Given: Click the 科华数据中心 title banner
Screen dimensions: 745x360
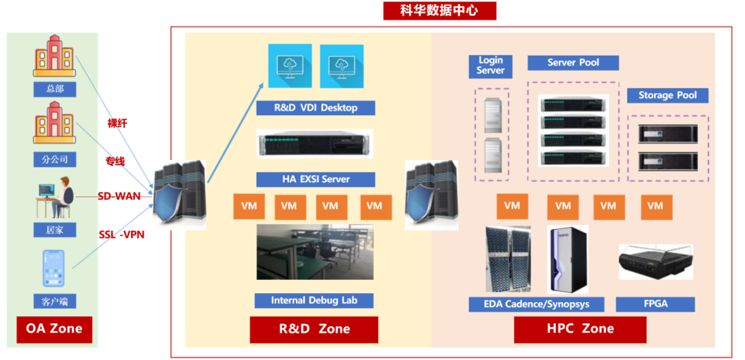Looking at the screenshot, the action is click(439, 11).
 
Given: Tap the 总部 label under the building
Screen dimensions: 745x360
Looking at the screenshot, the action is click(54, 89).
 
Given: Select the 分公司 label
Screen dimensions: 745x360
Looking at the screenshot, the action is click(54, 159).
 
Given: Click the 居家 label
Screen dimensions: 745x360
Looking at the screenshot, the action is click(54, 230).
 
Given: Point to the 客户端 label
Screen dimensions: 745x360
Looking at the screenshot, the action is click(54, 301).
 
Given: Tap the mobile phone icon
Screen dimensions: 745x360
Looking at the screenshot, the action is click(54, 268).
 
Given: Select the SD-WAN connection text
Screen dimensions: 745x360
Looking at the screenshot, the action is click(119, 196).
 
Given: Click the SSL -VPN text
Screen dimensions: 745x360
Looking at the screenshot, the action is click(121, 234).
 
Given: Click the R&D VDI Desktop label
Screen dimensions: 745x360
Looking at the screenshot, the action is click(315, 108).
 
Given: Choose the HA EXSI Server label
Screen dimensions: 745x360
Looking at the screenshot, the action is click(315, 179).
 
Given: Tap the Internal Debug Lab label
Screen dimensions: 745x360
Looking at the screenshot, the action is click(314, 300).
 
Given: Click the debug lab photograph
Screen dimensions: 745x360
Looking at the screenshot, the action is click(315, 252).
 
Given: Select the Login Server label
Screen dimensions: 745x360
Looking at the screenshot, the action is click(490, 66).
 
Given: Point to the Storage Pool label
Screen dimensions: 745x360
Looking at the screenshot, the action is click(668, 95).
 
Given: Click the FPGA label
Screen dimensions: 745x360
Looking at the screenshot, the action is click(655, 304).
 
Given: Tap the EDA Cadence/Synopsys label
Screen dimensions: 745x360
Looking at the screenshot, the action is click(537, 304).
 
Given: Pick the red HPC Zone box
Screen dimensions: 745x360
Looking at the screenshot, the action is click(580, 329).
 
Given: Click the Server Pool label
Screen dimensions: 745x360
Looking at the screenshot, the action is click(573, 63).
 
